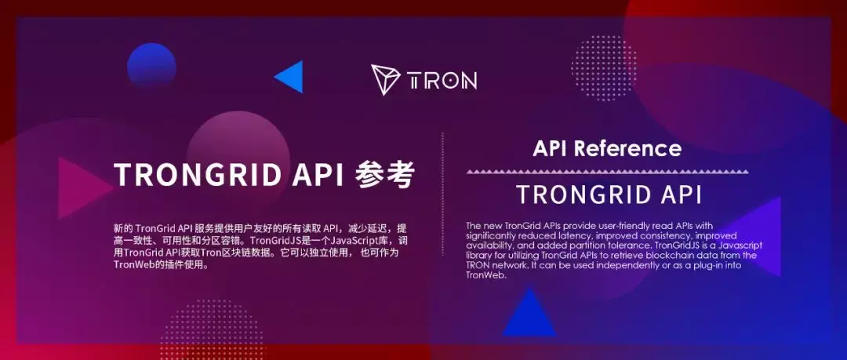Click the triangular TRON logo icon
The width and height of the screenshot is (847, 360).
click(x=385, y=80)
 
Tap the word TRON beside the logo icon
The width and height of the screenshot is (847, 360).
click(x=442, y=81)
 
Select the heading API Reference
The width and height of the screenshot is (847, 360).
click(x=607, y=148)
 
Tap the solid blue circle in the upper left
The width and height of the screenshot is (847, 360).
click(x=151, y=66)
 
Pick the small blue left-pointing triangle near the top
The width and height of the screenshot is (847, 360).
click(x=290, y=77)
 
